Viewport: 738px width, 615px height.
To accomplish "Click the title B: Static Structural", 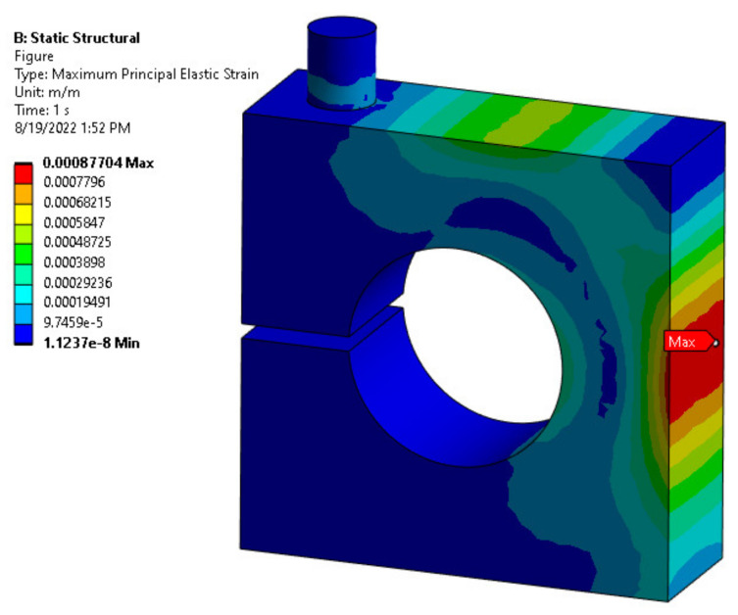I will (76, 38).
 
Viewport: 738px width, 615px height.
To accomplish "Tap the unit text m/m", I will (63, 92).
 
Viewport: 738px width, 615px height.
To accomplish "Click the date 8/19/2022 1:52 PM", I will (72, 127).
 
